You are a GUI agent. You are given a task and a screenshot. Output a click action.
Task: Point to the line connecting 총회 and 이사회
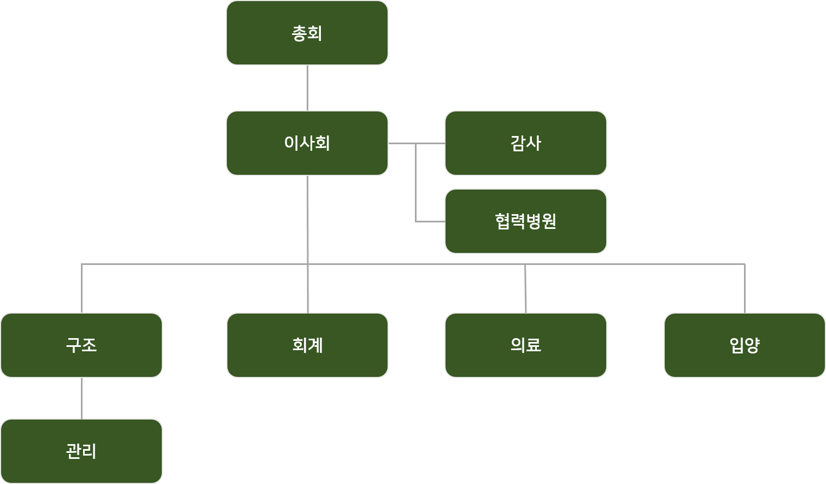click(x=307, y=88)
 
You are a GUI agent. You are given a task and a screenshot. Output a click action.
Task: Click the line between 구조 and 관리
click(x=82, y=398)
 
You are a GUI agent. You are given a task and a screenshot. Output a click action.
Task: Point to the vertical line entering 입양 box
click(x=745, y=288)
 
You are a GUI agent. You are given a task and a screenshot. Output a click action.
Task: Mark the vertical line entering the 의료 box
click(x=525, y=288)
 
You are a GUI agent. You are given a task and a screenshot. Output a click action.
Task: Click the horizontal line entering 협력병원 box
click(x=430, y=222)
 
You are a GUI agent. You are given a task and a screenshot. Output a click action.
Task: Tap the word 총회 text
click(x=307, y=33)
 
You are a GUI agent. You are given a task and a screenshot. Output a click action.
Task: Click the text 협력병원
click(x=525, y=221)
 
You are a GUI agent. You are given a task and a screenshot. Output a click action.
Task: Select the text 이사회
click(x=307, y=143)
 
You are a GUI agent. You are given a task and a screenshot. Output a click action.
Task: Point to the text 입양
click(x=745, y=345)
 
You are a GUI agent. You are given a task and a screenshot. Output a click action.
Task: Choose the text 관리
click(x=81, y=451)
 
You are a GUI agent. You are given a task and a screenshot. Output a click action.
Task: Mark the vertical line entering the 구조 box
click(x=82, y=288)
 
